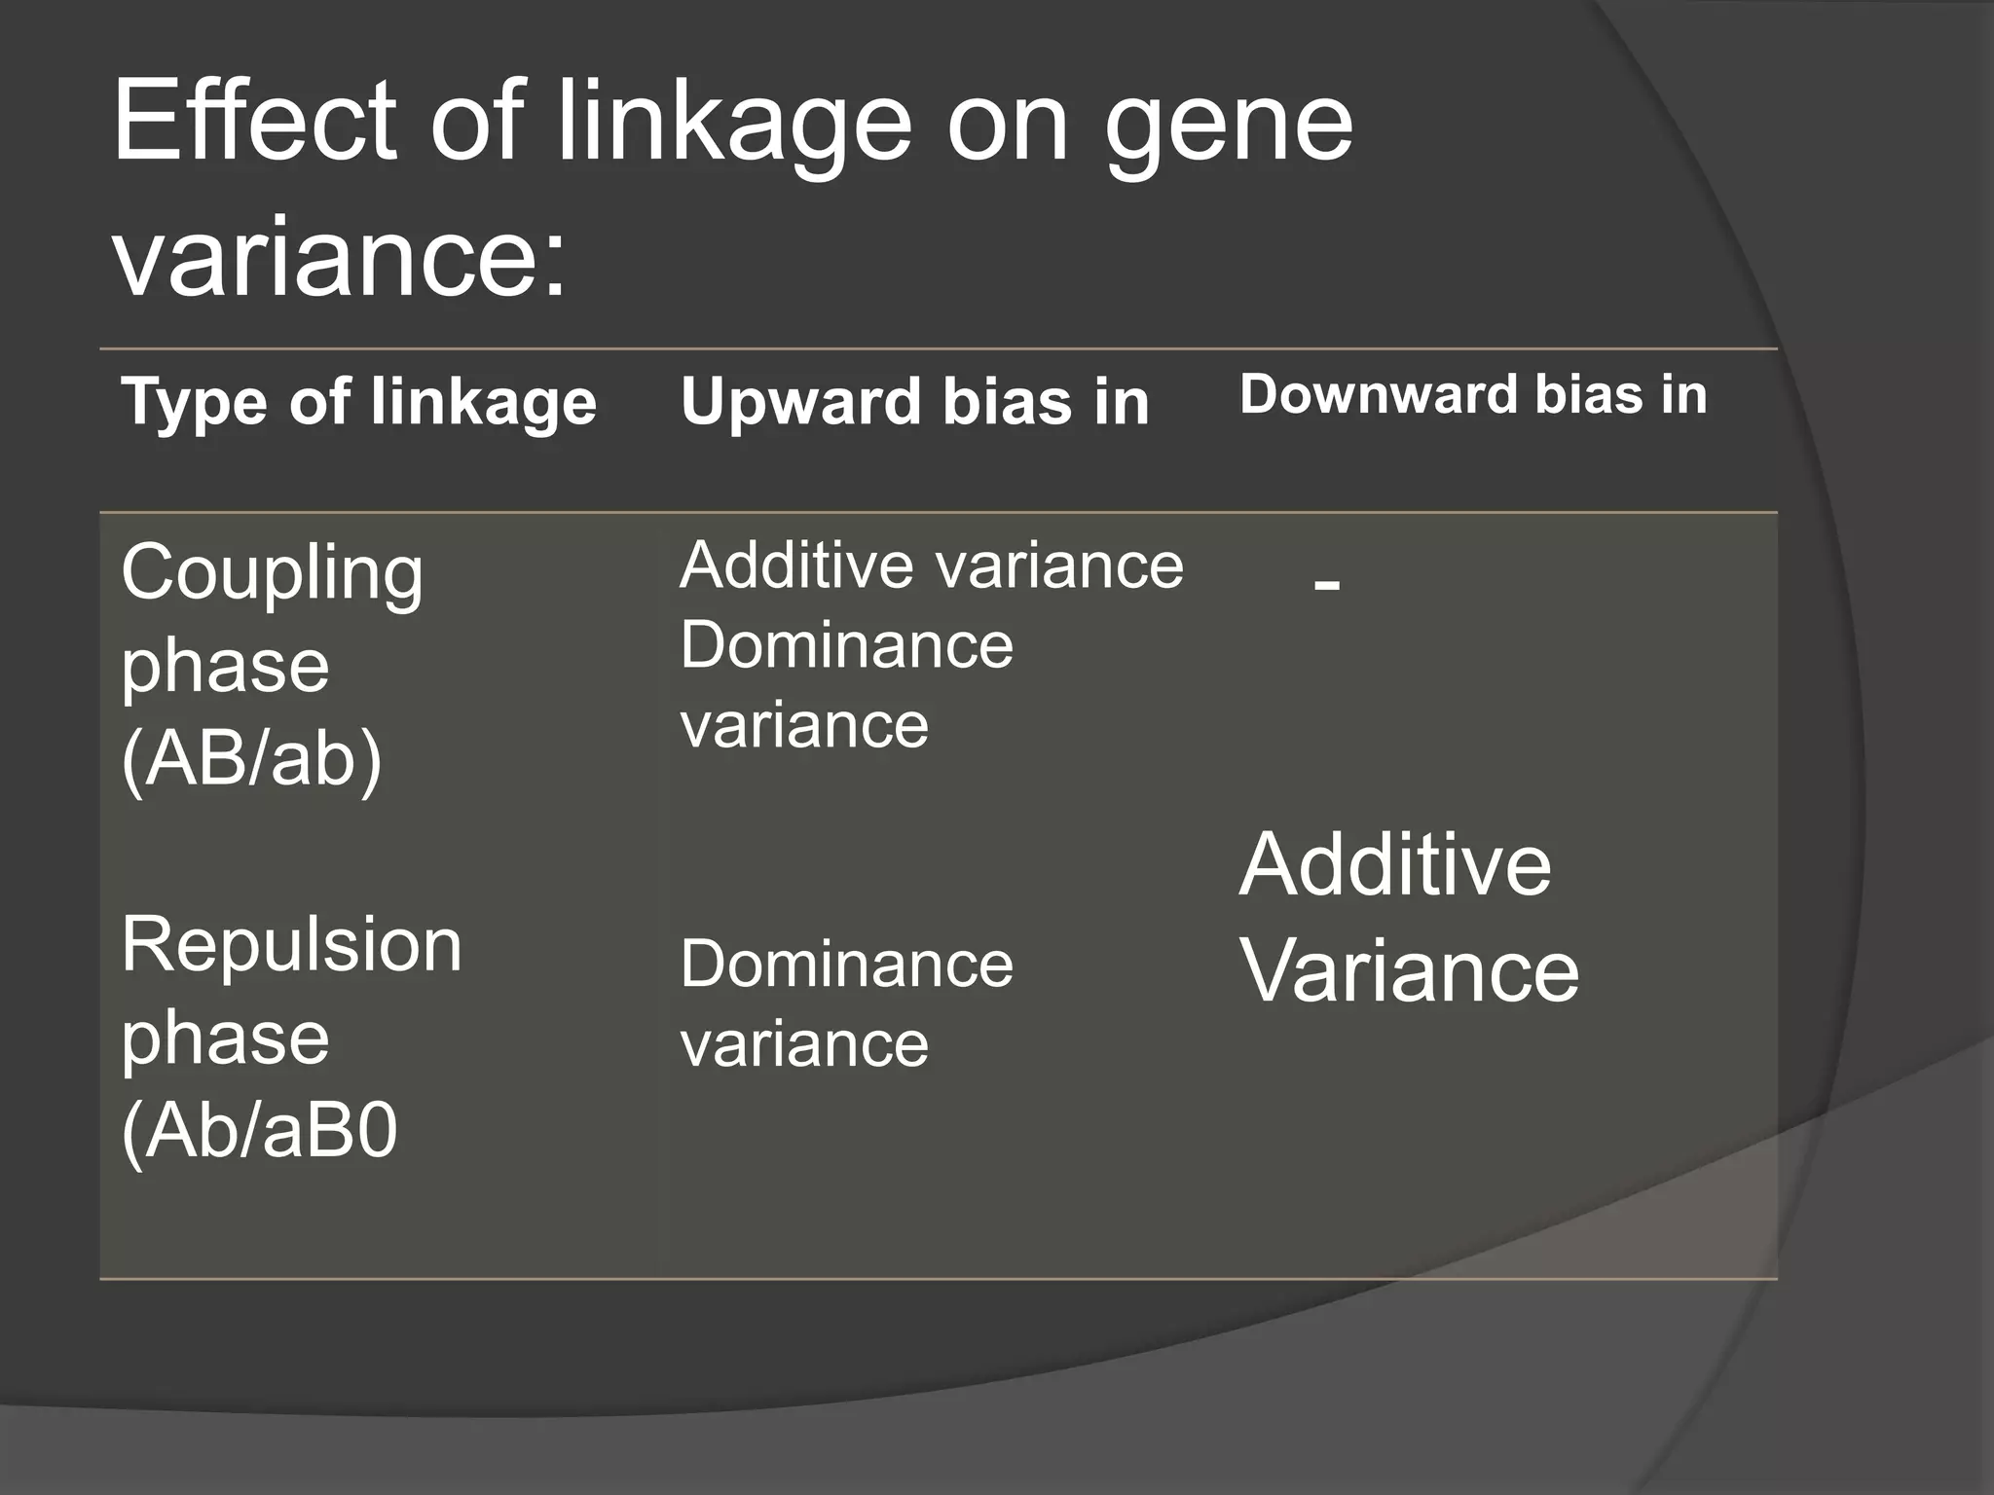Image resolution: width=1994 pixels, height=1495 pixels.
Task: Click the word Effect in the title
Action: (x=255, y=121)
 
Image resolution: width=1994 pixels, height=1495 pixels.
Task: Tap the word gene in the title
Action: (x=1229, y=127)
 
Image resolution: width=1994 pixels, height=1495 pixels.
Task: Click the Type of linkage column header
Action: (x=358, y=401)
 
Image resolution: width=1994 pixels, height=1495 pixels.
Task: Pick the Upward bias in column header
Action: (x=914, y=401)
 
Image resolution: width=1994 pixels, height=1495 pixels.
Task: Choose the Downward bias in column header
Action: (x=1472, y=395)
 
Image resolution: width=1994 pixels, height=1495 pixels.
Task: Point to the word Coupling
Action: (x=272, y=574)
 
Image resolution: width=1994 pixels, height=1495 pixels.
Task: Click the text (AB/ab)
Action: (x=251, y=758)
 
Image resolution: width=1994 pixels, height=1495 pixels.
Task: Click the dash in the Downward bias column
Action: (x=1326, y=584)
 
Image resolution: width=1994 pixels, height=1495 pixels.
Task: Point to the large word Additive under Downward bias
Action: (x=1394, y=864)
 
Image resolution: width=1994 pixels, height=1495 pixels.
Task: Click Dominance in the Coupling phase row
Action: (x=846, y=645)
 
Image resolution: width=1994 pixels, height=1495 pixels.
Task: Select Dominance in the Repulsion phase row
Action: (x=846, y=964)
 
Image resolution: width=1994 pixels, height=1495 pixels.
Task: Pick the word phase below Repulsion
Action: (x=225, y=1039)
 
